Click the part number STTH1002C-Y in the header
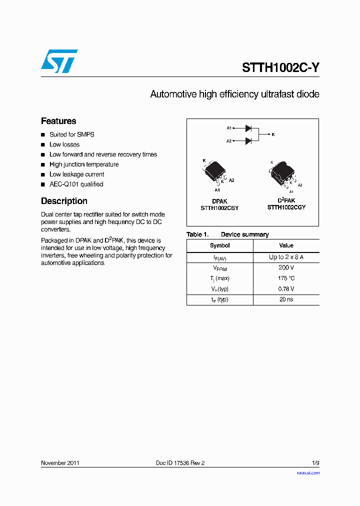[280, 68]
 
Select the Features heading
[58, 121]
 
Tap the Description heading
[64, 201]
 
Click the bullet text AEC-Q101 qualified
[76, 184]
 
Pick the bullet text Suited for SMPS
[71, 134]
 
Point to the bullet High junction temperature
[84, 164]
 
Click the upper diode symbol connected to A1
[248, 128]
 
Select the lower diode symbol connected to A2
[248, 141]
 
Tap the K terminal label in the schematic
[273, 134]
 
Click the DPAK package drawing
[216, 171]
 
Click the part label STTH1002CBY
[219, 208]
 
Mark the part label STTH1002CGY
[286, 207]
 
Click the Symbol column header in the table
[219, 245]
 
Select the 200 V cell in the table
[286, 267]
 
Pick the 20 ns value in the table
[286, 299]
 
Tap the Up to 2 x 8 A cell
[286, 257]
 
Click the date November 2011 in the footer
[60, 463]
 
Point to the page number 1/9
[315, 463]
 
